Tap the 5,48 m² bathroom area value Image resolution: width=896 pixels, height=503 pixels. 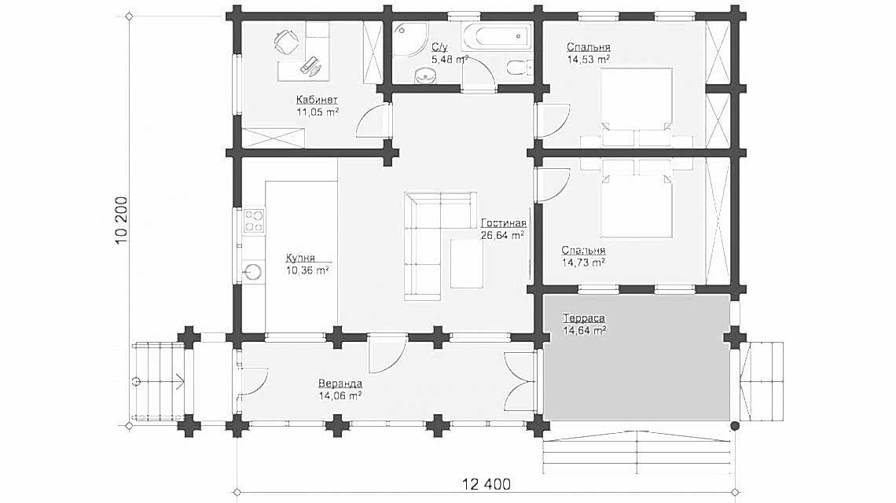click(450, 60)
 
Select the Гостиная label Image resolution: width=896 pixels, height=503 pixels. click(504, 223)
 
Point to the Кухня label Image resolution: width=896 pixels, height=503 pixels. click(300, 258)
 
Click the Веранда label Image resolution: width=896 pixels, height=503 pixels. click(340, 384)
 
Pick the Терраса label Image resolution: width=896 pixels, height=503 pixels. click(584, 318)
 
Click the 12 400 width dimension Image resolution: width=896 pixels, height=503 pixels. click(487, 485)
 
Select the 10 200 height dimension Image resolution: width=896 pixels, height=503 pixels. click(121, 221)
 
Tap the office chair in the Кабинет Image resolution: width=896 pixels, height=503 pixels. click(286, 41)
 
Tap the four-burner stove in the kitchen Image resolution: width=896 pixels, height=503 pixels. click(254, 221)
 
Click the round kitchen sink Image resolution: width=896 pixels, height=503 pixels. click(252, 271)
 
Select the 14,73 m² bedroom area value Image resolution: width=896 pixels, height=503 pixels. click(583, 263)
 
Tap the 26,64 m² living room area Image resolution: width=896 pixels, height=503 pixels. click(503, 235)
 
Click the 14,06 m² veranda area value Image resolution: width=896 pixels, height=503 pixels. click(340, 395)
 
